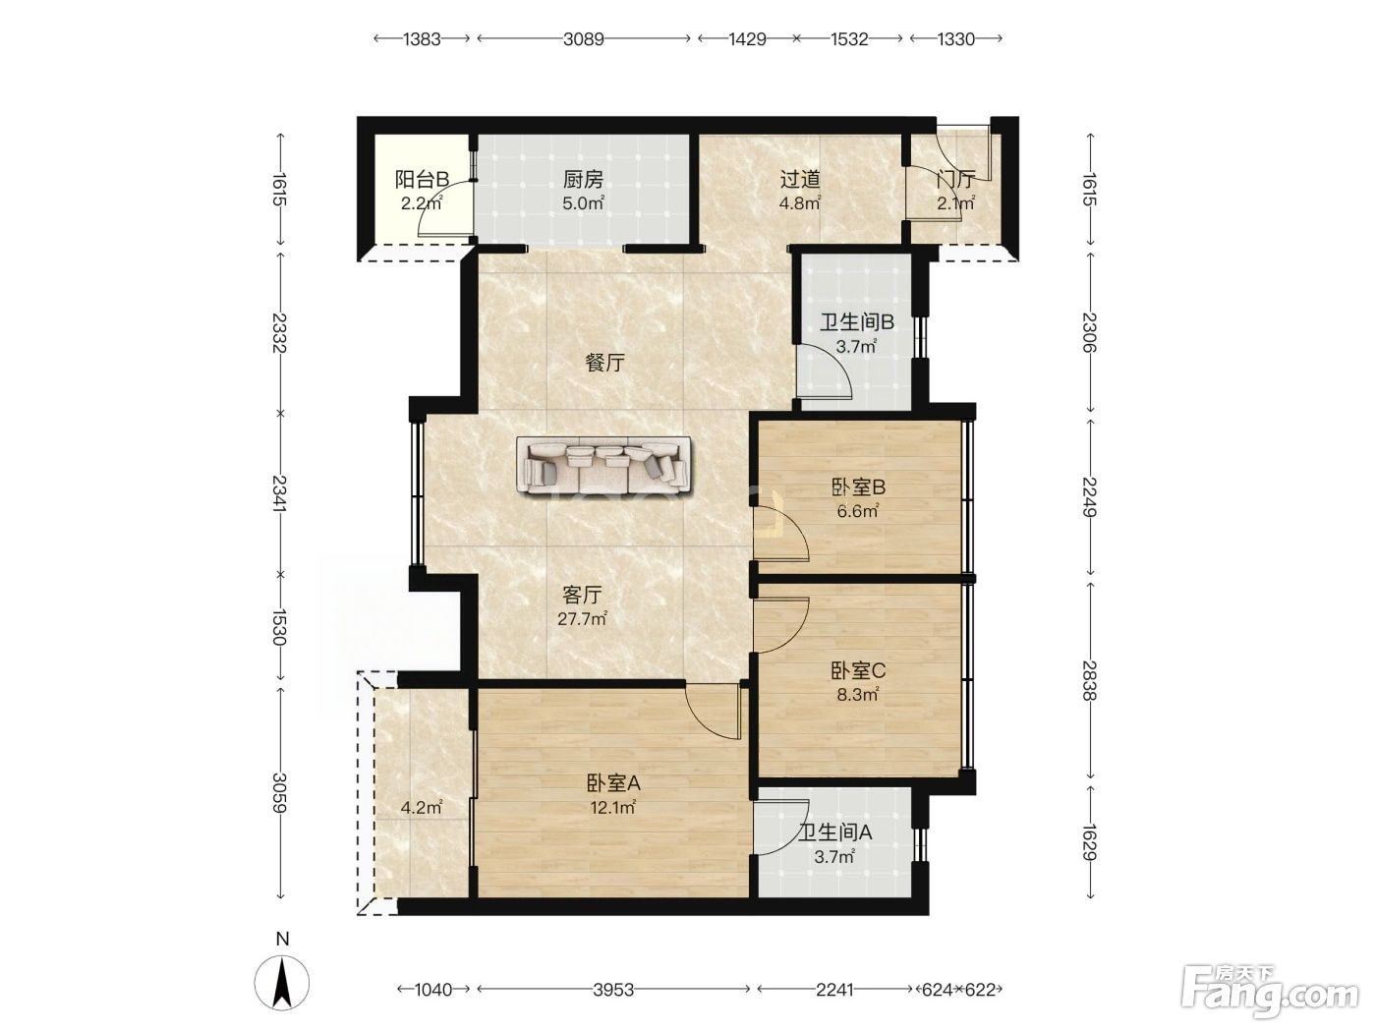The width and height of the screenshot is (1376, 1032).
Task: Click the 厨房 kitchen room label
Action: click(x=583, y=180)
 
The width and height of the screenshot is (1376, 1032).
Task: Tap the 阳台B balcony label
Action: click(x=422, y=180)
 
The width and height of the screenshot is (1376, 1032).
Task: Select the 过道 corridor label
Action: click(x=800, y=180)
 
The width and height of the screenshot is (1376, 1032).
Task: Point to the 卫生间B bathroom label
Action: click(x=856, y=322)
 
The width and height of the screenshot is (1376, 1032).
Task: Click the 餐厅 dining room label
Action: click(x=604, y=362)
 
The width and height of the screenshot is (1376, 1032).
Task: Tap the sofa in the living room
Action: click(x=603, y=465)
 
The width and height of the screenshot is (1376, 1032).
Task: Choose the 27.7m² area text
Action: click(x=583, y=619)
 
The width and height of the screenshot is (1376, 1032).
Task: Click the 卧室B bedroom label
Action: click(x=858, y=487)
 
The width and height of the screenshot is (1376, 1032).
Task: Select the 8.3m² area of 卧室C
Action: click(x=857, y=694)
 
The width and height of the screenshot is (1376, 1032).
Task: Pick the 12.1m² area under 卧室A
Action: click(x=612, y=808)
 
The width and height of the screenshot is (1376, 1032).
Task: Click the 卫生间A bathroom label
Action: click(x=834, y=832)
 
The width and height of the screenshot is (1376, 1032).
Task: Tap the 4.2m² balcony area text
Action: click(x=422, y=808)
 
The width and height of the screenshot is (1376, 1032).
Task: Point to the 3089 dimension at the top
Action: click(x=583, y=39)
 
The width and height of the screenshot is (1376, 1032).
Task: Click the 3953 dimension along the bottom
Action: click(x=613, y=990)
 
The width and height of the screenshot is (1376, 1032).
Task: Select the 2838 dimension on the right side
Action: click(x=1090, y=681)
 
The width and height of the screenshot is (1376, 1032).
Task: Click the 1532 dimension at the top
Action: click(x=849, y=39)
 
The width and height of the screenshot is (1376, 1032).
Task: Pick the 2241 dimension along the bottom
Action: click(x=834, y=990)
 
